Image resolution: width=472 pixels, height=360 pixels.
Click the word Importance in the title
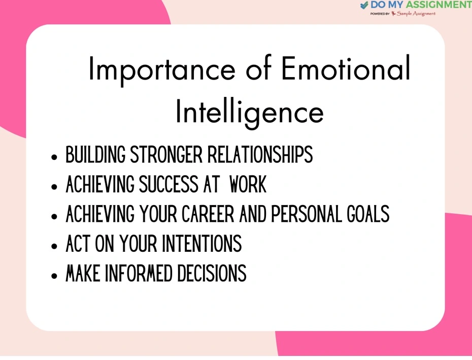[x=162, y=70]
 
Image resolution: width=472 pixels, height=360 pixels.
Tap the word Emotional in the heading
[x=346, y=68]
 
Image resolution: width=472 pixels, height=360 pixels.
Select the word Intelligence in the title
[x=250, y=112]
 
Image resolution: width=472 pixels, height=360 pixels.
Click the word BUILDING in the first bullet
[x=95, y=154]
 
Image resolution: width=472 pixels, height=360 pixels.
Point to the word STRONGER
[x=166, y=154]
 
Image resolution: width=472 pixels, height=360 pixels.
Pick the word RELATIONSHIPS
[x=260, y=154]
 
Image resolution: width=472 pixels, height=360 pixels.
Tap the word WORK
[x=248, y=184]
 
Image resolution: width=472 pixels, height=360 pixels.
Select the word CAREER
[x=208, y=214]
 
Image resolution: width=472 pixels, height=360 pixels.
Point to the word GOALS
[x=368, y=214]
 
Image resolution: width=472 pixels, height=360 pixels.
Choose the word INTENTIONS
[x=201, y=243]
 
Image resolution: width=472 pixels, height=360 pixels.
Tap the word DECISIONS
[x=212, y=273]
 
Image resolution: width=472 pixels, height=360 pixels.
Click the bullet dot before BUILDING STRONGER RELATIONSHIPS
[x=54, y=157]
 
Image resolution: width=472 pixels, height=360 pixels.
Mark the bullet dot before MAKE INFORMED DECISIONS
[x=54, y=276]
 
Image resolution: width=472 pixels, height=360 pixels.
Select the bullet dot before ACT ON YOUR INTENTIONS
[x=54, y=246]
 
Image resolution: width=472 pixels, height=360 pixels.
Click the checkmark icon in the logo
[x=364, y=5]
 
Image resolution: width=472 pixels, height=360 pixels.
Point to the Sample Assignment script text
[x=416, y=14]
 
